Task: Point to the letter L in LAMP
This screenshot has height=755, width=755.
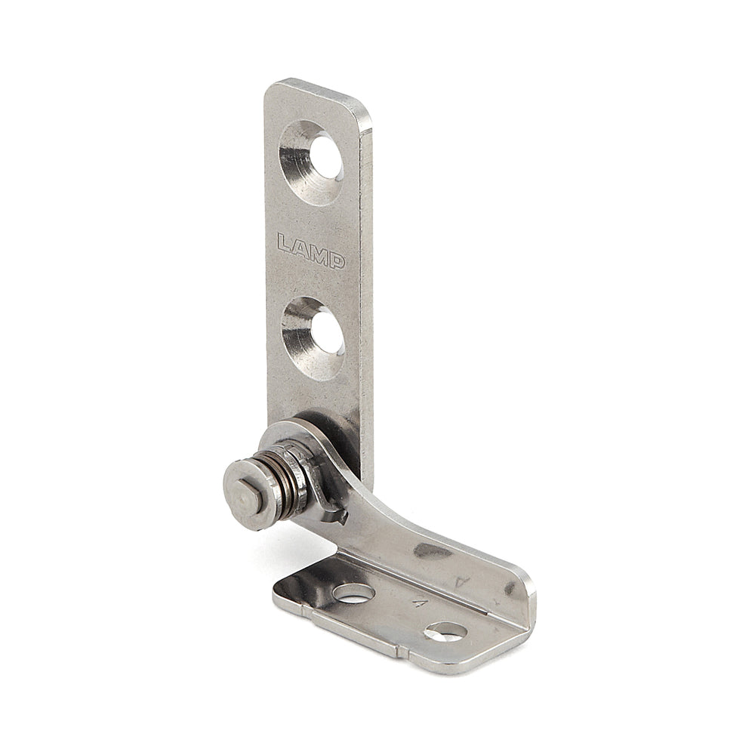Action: tap(284, 244)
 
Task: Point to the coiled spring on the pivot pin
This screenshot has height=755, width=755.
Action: tap(281, 483)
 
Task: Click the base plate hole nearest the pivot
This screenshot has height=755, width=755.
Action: tap(353, 593)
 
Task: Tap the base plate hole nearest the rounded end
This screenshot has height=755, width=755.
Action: tap(444, 631)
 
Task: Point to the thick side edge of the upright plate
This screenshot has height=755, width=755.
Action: tap(365, 302)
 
